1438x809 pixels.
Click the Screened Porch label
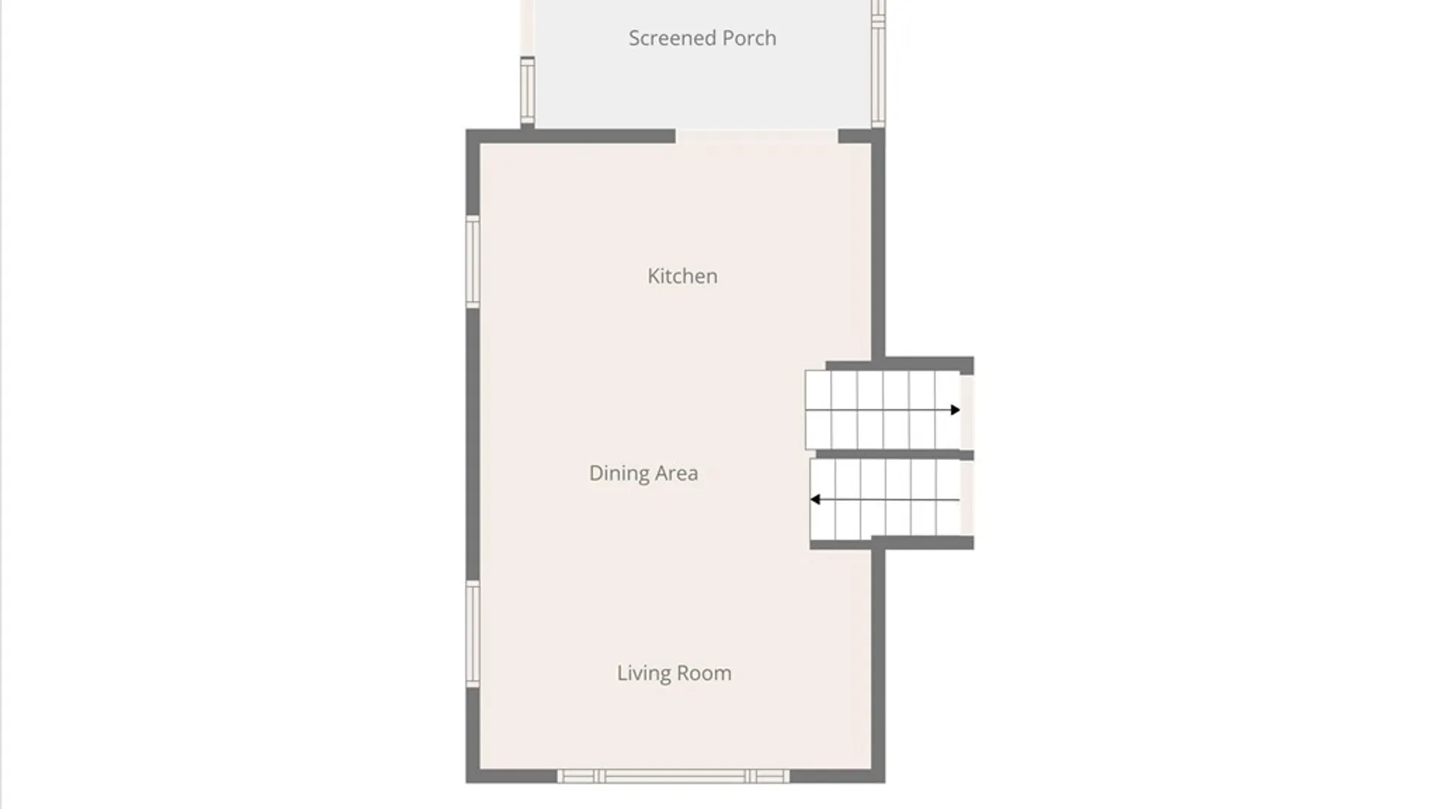[x=702, y=38]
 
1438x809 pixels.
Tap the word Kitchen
[x=682, y=276]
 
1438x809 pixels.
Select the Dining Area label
[x=643, y=473]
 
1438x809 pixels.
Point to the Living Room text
[x=674, y=673]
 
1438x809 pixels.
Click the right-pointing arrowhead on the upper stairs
[x=955, y=410]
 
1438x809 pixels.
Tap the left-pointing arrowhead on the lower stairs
[x=815, y=500]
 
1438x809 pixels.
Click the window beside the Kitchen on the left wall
[x=473, y=261]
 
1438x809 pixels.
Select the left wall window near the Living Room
[x=473, y=634]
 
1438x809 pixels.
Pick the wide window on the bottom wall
[x=673, y=776]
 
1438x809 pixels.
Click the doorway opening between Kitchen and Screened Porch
[x=756, y=136]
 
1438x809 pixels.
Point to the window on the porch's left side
[x=527, y=90]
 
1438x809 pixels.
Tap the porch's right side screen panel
[x=879, y=63]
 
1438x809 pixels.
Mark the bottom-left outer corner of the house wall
[x=466, y=784]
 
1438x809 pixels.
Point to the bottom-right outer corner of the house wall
[x=885, y=784]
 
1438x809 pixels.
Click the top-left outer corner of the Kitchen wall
[x=466, y=130]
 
